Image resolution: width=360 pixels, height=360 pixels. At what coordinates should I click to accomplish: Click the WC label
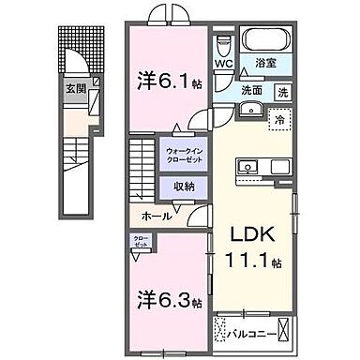coord(222,65)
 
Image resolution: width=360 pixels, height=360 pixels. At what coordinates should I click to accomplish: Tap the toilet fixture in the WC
coord(222,46)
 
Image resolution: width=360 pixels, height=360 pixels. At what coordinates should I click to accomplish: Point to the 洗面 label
coord(251,92)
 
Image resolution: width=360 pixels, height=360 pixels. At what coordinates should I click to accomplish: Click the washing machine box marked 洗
coord(281,93)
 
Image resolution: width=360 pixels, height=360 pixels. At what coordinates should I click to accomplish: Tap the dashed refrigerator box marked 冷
coord(278,120)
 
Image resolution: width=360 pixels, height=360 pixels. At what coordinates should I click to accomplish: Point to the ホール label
coord(156,216)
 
